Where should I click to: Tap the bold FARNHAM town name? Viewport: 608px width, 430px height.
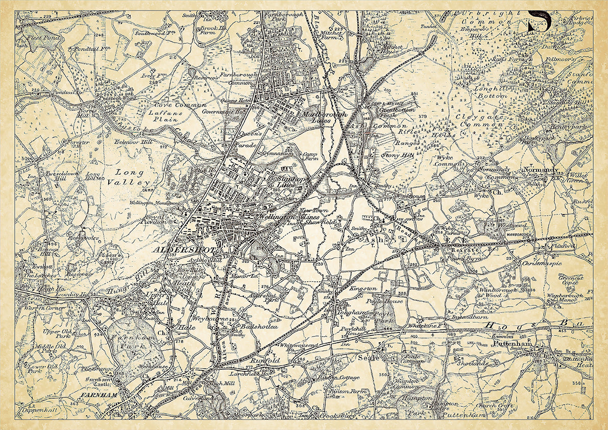[100, 395]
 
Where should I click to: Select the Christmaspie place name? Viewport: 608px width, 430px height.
[542, 263]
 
